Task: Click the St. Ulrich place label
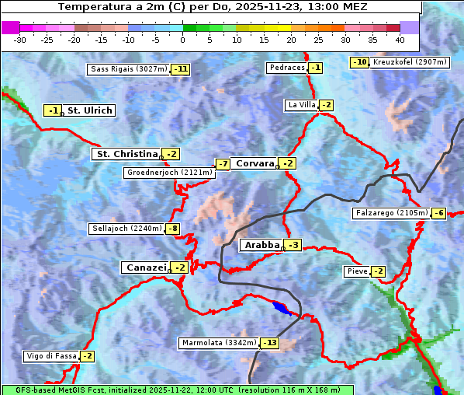[90, 110]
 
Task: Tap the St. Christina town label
[126, 154]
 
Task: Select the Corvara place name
[255, 163]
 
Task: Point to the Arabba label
[261, 245]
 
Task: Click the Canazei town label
[145, 267]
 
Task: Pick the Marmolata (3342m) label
[218, 342]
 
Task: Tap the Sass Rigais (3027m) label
[129, 69]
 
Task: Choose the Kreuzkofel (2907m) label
[409, 61]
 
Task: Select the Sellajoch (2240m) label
[126, 229]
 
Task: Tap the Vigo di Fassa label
[52, 356]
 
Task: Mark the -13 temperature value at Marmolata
[269, 342]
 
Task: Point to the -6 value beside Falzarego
[438, 213]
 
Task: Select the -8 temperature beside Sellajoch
[172, 229]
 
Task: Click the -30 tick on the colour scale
[20, 40]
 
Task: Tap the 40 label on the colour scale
[400, 40]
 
